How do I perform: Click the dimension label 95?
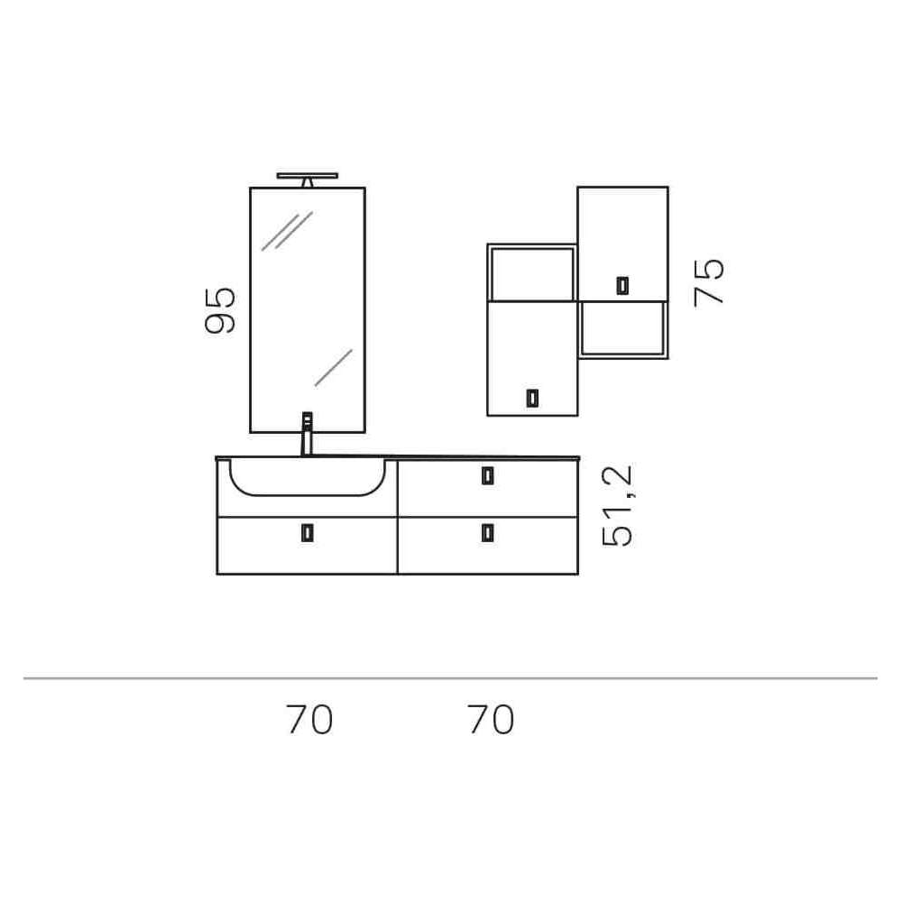click(220, 310)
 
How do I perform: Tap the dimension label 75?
click(709, 281)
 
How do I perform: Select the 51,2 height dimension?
click(617, 506)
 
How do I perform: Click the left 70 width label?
click(310, 720)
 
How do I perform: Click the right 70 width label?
click(491, 720)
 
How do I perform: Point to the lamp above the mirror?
click(308, 179)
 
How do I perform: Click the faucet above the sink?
click(308, 434)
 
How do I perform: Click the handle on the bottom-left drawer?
click(308, 533)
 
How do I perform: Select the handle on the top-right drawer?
click(488, 475)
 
